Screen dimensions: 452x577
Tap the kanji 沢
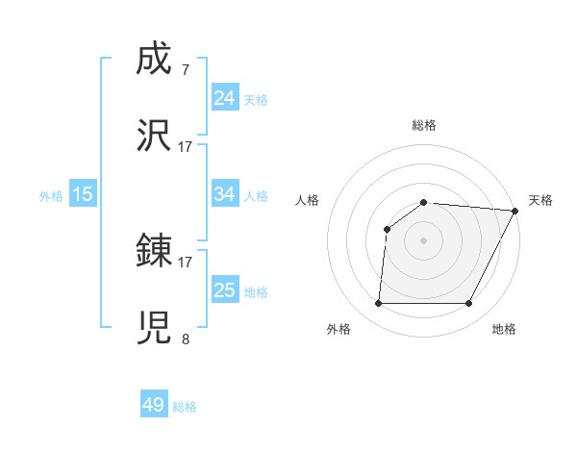154,137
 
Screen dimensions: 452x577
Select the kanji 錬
154,252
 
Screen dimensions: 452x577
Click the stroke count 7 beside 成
185,70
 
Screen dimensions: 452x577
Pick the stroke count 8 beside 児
185,339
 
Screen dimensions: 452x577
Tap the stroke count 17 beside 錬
186,262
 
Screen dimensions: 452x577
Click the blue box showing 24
225,98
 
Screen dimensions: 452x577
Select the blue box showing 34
225,194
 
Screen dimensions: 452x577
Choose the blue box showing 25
225,290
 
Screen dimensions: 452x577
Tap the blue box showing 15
83,194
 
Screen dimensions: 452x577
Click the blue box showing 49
154,405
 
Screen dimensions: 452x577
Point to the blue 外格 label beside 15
51,195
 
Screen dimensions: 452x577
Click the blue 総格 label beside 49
185,407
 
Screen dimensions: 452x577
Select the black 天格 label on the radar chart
541,200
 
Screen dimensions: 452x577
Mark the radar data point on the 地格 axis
468,303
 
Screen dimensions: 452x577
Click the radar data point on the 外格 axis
378,303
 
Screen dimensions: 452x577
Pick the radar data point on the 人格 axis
387,229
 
